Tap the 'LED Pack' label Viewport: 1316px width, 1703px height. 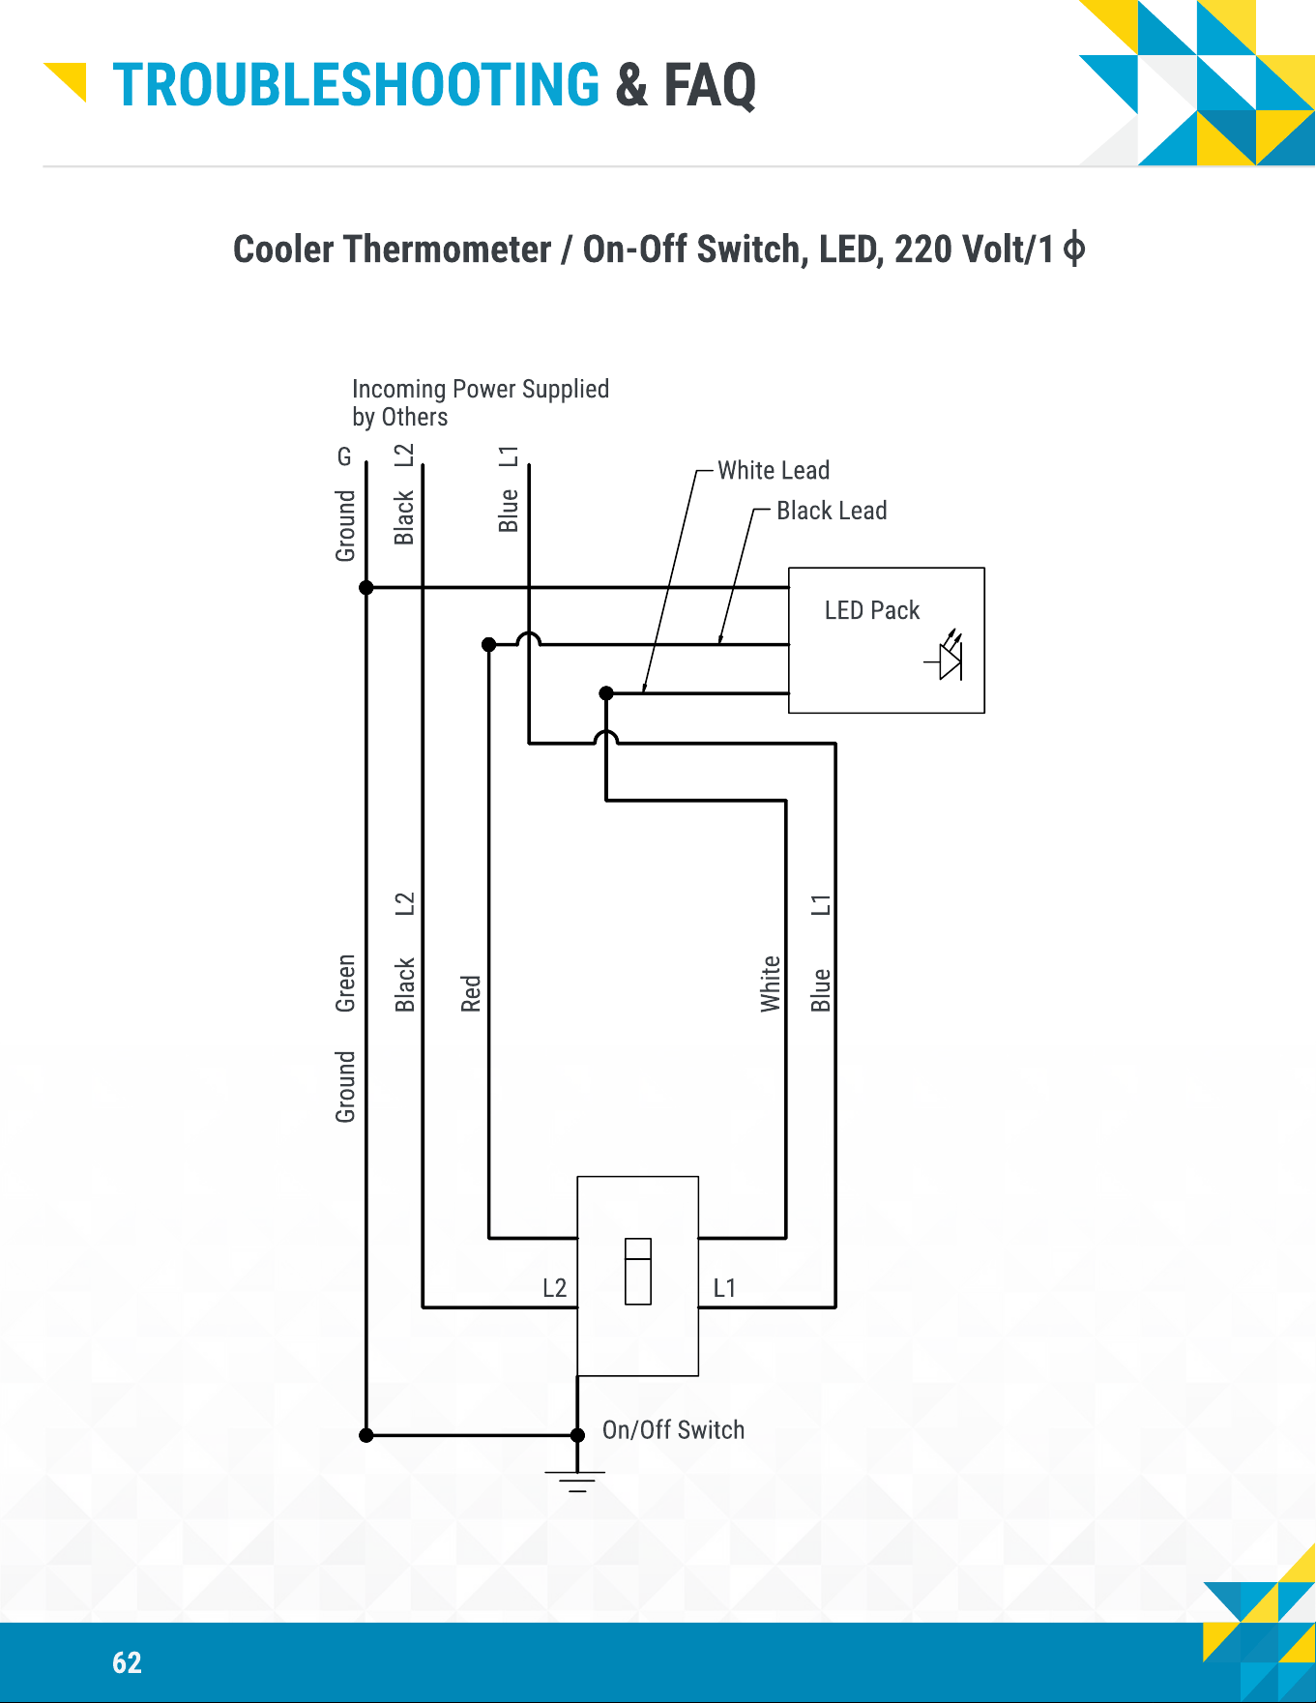coord(872,610)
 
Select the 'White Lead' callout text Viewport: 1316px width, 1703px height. coord(774,470)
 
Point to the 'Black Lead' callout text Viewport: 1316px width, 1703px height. coord(832,511)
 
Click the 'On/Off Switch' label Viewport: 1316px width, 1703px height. coord(673,1430)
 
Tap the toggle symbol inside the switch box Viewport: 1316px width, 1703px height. coord(638,1272)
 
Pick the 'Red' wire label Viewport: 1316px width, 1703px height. coord(471,993)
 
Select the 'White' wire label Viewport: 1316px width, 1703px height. coord(771,984)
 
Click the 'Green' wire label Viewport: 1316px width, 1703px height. coord(345,983)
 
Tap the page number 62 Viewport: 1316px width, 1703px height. coord(127,1662)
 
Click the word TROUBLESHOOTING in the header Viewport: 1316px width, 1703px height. coord(356,85)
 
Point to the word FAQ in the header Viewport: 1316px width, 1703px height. coord(710,85)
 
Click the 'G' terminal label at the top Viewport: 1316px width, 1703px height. coord(344,455)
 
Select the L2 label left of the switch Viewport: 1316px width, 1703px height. coord(554,1288)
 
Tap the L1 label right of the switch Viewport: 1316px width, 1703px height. coord(724,1288)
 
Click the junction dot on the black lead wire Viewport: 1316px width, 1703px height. coord(488,644)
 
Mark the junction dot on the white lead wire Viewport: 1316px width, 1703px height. coord(606,693)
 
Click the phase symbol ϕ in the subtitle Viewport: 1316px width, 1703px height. coord(1073,250)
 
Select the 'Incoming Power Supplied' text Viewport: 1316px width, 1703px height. coord(481,389)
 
